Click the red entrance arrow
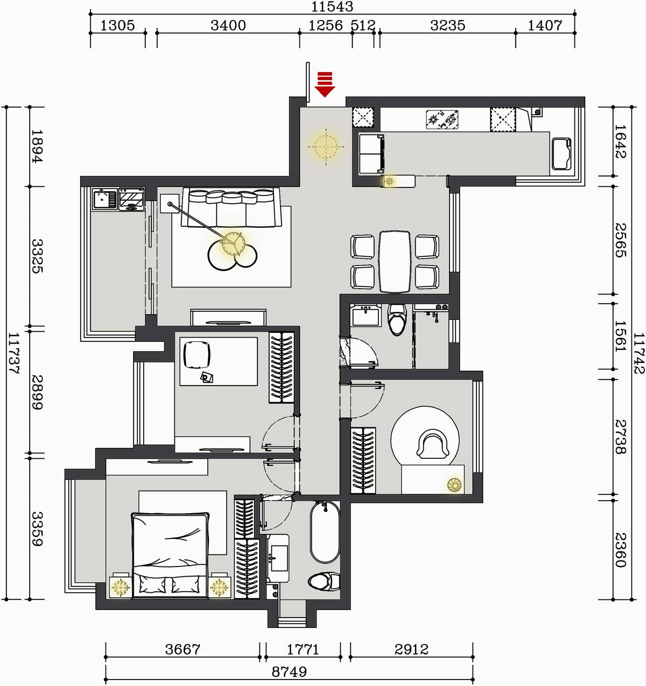(x=325, y=85)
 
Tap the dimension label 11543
(x=332, y=6)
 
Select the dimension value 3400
(x=228, y=25)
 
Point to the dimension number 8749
(x=289, y=672)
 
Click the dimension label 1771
(x=303, y=649)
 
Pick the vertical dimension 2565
(x=621, y=240)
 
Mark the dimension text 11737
(x=13, y=353)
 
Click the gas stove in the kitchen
(x=442, y=120)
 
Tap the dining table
(x=395, y=262)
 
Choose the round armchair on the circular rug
(x=433, y=444)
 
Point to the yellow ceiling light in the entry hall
(x=326, y=146)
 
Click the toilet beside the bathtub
(x=324, y=582)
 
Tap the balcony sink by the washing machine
(x=104, y=199)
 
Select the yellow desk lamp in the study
(x=454, y=485)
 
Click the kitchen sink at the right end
(x=561, y=153)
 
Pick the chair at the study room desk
(x=197, y=355)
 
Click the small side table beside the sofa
(x=170, y=204)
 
